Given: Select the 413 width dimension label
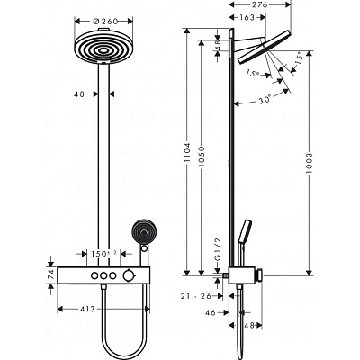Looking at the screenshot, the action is (88, 309).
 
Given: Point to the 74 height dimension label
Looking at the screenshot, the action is (51, 274).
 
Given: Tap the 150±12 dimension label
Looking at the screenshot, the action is (103, 254).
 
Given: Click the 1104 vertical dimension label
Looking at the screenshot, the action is (187, 152).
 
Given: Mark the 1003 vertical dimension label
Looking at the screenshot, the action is (310, 163).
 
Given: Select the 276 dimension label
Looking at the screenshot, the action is (260, 4).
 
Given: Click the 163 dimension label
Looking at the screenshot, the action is (247, 17).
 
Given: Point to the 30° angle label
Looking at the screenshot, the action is (265, 101).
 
